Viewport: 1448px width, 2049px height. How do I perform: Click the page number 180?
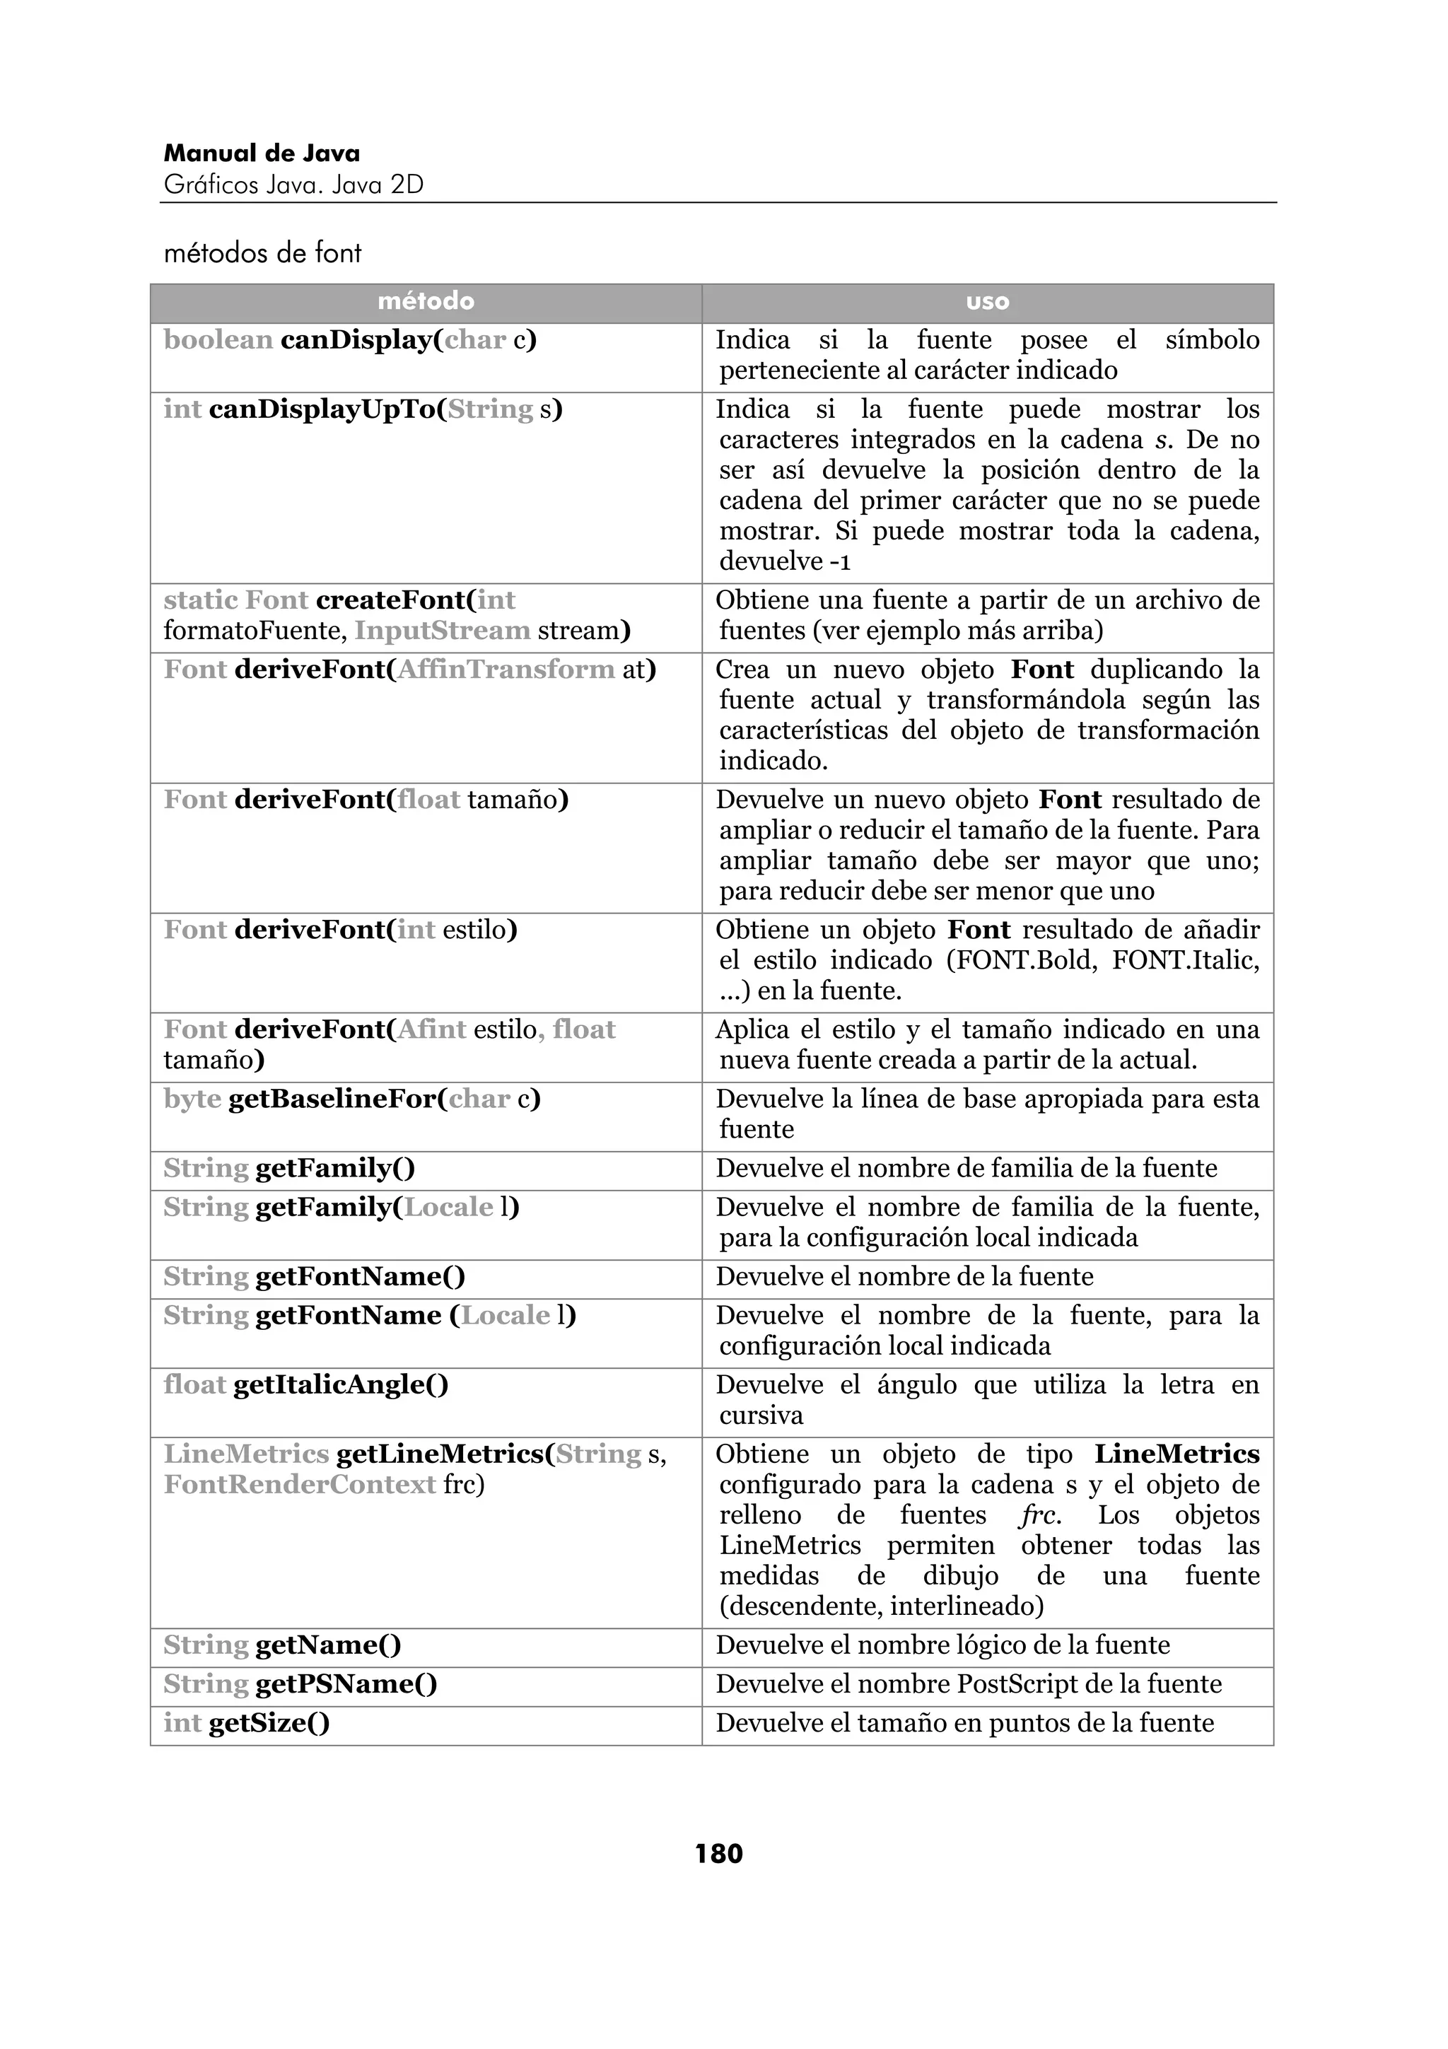click(718, 1854)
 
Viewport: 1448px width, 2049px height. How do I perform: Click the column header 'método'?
click(426, 302)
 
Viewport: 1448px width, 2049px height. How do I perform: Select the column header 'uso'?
click(987, 302)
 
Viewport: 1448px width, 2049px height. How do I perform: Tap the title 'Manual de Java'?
click(262, 153)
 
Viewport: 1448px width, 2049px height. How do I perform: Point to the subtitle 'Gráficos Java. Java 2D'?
click(293, 185)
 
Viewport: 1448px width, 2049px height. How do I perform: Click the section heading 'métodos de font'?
click(262, 253)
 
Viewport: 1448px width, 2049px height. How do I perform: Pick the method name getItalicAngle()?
click(341, 1384)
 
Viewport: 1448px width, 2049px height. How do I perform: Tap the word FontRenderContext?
click(300, 1484)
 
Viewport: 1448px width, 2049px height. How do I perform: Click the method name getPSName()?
click(346, 1684)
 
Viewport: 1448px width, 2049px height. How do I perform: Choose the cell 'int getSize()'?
click(247, 1723)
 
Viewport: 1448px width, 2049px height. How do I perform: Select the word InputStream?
click(443, 630)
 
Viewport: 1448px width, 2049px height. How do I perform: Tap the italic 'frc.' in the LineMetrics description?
click(1039, 1514)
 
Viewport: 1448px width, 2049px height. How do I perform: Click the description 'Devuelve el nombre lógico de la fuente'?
click(942, 1645)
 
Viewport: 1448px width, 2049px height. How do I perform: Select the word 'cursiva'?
click(761, 1415)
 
